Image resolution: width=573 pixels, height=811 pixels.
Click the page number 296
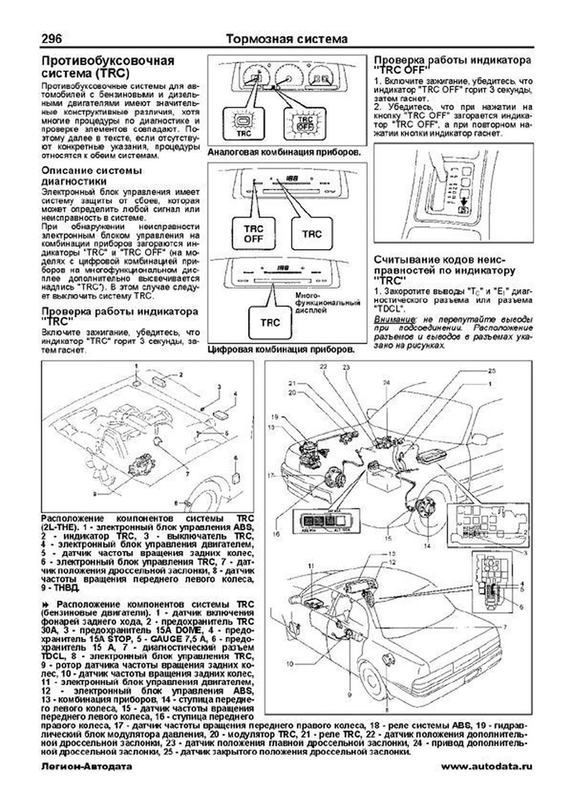pyautogui.click(x=51, y=38)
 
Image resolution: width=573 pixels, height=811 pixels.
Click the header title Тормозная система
pyautogui.click(x=286, y=39)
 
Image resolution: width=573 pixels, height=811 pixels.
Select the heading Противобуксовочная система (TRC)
pyautogui.click(x=108, y=68)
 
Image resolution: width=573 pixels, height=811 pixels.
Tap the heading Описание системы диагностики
pyautogui.click(x=92, y=176)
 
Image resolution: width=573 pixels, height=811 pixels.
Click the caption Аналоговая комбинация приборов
pyautogui.click(x=283, y=153)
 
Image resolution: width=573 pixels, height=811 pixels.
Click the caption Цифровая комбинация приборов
pyautogui.click(x=281, y=349)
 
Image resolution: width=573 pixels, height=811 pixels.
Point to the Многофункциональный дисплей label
pyautogui.click(x=327, y=303)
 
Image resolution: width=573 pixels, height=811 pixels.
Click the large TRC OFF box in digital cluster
pyautogui.click(x=254, y=233)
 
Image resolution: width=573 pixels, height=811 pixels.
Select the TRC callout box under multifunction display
pyautogui.click(x=270, y=322)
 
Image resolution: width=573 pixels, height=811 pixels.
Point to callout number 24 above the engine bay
pyautogui.click(x=386, y=383)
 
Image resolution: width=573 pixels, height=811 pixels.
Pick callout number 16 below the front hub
pyautogui.click(x=276, y=534)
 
